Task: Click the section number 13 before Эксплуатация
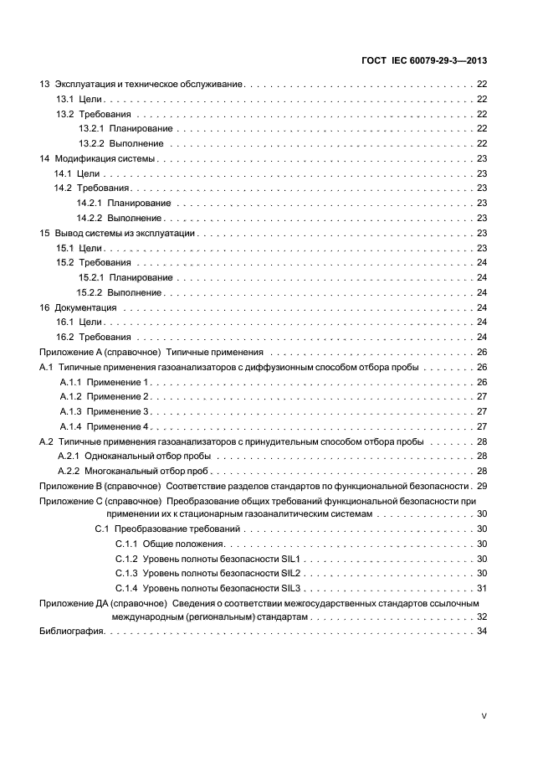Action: point(44,85)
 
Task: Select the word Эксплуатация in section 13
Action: point(82,85)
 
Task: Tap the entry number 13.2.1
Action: point(90,128)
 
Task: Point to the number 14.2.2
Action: point(89,217)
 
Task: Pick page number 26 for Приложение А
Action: point(481,352)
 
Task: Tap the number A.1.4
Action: point(70,426)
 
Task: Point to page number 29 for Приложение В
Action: point(481,486)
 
